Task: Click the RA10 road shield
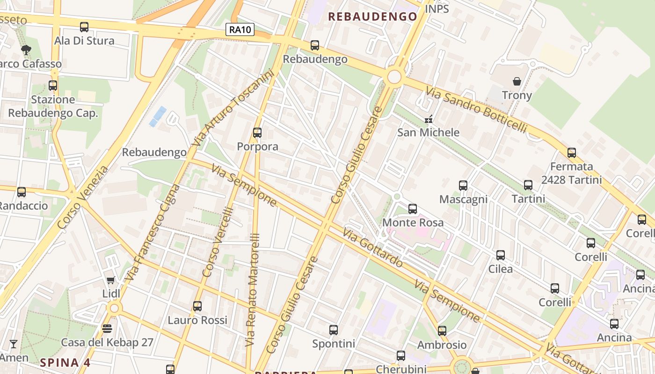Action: pos(240,30)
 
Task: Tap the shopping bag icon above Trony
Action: pos(517,81)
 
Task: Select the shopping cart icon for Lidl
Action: pos(111,280)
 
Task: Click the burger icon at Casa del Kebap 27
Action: pos(107,329)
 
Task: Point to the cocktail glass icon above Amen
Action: pos(14,344)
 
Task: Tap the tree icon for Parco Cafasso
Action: pos(26,50)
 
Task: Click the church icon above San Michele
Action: pos(428,119)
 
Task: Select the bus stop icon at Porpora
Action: pos(257,133)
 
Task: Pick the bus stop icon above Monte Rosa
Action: pos(413,209)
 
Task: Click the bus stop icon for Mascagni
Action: pos(463,186)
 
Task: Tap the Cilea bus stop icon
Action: pos(501,255)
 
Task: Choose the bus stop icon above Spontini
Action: pos(334,330)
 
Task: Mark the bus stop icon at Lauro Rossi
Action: pos(197,306)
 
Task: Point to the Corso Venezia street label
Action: pos(83,197)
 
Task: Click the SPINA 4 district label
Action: pos(65,362)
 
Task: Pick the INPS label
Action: pos(437,9)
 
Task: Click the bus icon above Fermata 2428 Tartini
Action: pos(571,153)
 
